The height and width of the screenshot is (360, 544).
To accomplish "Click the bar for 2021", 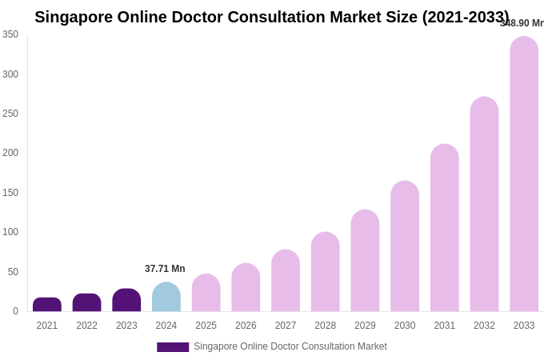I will [x=47, y=305].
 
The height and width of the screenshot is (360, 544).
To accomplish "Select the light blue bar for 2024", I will [x=166, y=297].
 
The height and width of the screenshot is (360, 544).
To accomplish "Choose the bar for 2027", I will [x=286, y=281].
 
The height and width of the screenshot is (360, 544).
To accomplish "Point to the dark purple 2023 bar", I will [x=126, y=300].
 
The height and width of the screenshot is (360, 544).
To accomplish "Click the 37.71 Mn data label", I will [x=165, y=269].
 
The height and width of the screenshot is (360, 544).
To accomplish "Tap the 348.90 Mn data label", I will [x=522, y=23].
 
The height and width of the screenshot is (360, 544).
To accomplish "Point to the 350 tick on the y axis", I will [x=10, y=34].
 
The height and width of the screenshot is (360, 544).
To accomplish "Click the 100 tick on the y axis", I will [x=10, y=232].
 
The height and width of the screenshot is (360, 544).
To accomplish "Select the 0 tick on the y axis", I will [x=15, y=311].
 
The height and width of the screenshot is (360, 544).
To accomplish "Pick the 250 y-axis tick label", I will [x=10, y=114].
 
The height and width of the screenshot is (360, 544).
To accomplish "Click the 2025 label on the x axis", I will [x=206, y=326].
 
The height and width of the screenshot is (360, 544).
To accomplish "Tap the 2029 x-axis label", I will [x=365, y=326].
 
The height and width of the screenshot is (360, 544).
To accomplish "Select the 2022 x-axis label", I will [x=87, y=326].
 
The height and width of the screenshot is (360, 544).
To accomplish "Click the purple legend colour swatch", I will [x=173, y=347].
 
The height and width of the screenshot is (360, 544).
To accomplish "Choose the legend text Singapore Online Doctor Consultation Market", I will [x=290, y=346].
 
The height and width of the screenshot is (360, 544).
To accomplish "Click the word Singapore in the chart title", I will [x=74, y=17].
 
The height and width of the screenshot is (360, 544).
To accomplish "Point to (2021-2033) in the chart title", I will [x=466, y=17].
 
